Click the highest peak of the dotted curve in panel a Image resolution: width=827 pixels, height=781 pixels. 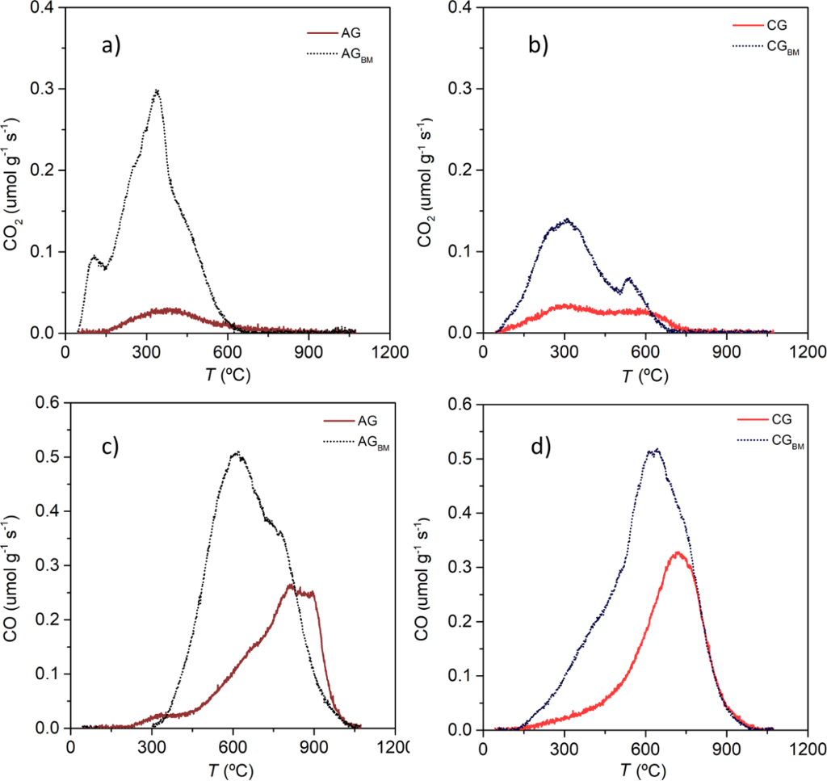(x=157, y=91)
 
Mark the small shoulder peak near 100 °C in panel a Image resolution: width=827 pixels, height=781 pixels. (x=94, y=258)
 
